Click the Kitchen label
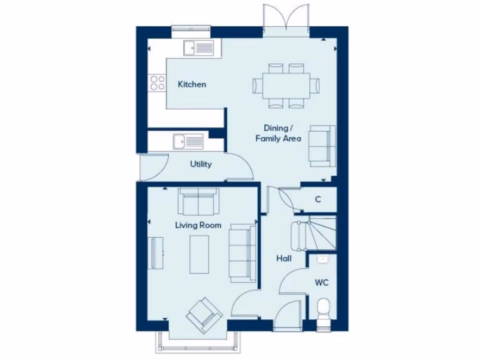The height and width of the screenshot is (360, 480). [x=192, y=85]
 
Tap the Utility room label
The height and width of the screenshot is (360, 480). [x=201, y=164]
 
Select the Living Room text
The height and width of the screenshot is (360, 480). [x=198, y=225]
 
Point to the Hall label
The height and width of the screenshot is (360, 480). [x=284, y=258]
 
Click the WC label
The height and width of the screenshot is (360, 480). [x=322, y=283]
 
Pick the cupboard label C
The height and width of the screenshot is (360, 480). [x=318, y=199]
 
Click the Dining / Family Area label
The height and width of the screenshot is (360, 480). [x=278, y=133]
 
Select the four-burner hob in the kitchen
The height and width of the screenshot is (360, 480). [x=157, y=83]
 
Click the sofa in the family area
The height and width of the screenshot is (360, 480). [x=322, y=146]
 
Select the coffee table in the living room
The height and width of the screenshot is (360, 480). [x=199, y=254]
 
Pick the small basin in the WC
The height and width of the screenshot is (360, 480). [x=322, y=258]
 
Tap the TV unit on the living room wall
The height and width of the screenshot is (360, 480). [x=156, y=253]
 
